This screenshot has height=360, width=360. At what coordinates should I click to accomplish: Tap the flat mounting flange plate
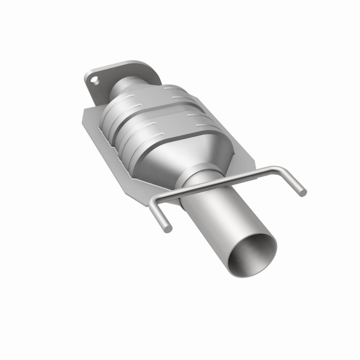coord(101,90)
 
